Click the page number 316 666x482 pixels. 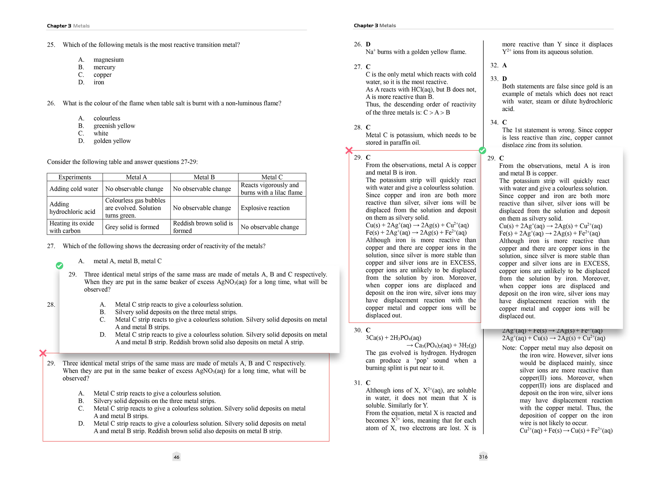(483, 456)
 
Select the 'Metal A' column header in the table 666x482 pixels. (136, 177)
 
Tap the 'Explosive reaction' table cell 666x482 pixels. (265, 208)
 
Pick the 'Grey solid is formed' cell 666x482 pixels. (132, 227)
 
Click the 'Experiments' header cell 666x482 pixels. (75, 177)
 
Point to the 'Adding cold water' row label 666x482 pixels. (74, 189)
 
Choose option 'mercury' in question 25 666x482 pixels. (104, 67)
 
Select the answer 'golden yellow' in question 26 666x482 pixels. (112, 141)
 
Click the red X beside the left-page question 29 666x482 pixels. (43, 353)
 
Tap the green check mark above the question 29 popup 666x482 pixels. (60, 265)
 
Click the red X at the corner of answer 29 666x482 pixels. (349, 151)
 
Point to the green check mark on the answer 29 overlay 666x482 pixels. (483, 151)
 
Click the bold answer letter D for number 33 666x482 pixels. (504, 79)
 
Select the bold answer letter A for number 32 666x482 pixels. (504, 65)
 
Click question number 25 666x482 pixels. (51, 45)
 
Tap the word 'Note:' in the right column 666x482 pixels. (509, 348)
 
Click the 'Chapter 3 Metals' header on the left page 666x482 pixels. (68, 26)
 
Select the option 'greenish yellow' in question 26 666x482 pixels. (114, 126)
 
